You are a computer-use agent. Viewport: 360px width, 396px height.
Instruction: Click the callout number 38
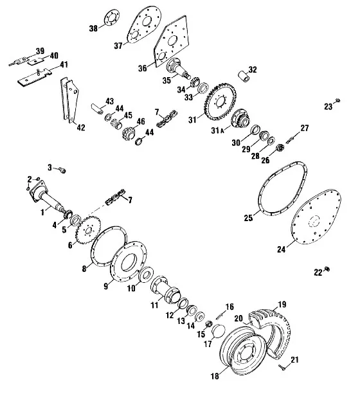[x=93, y=28]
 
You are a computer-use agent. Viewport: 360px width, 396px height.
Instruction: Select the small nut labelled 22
[x=327, y=269]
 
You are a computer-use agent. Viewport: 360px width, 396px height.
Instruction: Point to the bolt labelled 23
[x=337, y=100]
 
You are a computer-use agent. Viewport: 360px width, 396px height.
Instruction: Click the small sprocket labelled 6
[x=88, y=230]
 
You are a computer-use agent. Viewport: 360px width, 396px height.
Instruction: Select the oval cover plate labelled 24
[x=316, y=217]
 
